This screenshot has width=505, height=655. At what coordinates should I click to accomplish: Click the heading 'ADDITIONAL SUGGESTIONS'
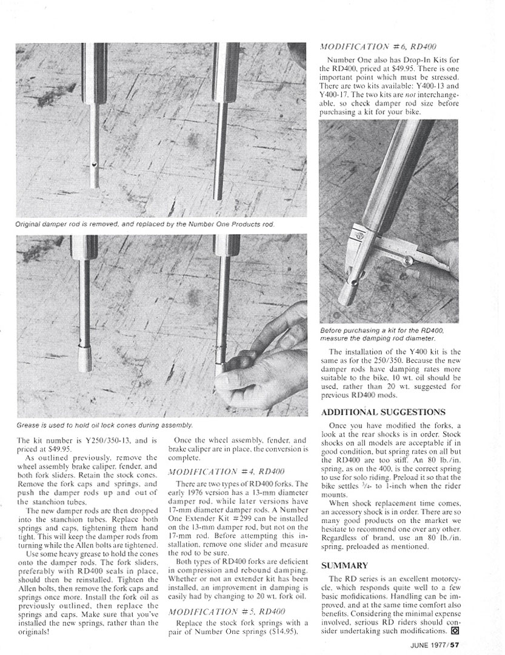(x=387, y=412)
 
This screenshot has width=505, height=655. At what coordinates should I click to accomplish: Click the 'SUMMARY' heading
(x=344, y=565)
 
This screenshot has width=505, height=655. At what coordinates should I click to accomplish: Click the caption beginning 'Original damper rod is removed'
(x=145, y=224)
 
